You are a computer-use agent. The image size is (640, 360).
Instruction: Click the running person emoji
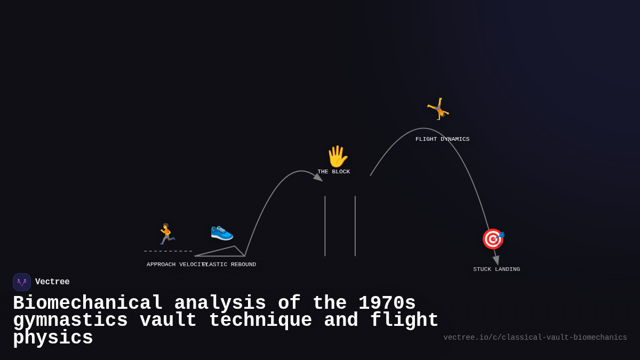(166, 234)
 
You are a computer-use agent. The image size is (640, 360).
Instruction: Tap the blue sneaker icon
(222, 231)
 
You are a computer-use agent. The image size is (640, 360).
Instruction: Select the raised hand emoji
(337, 156)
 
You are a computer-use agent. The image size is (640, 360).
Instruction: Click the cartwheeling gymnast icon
(438, 109)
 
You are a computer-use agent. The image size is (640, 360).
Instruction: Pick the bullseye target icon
(493, 239)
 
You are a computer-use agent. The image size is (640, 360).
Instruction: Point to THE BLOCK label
(334, 172)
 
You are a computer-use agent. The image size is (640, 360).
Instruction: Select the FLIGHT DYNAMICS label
(443, 139)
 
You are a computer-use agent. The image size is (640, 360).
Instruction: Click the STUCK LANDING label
(497, 269)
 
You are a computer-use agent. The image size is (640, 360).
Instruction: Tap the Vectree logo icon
(22, 282)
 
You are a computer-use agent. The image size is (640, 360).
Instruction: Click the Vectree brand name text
(52, 282)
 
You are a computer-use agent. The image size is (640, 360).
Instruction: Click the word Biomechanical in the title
(88, 303)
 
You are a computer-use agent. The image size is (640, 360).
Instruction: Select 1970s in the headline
(387, 303)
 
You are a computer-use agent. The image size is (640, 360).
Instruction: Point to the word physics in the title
(53, 338)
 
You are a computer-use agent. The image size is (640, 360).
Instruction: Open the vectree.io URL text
(535, 338)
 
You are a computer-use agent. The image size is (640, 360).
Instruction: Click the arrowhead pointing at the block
(318, 177)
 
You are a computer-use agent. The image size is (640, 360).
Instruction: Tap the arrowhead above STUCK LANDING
(496, 260)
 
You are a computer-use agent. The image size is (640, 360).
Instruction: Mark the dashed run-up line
(168, 251)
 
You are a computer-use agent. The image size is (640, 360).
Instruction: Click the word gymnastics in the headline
(70, 321)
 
